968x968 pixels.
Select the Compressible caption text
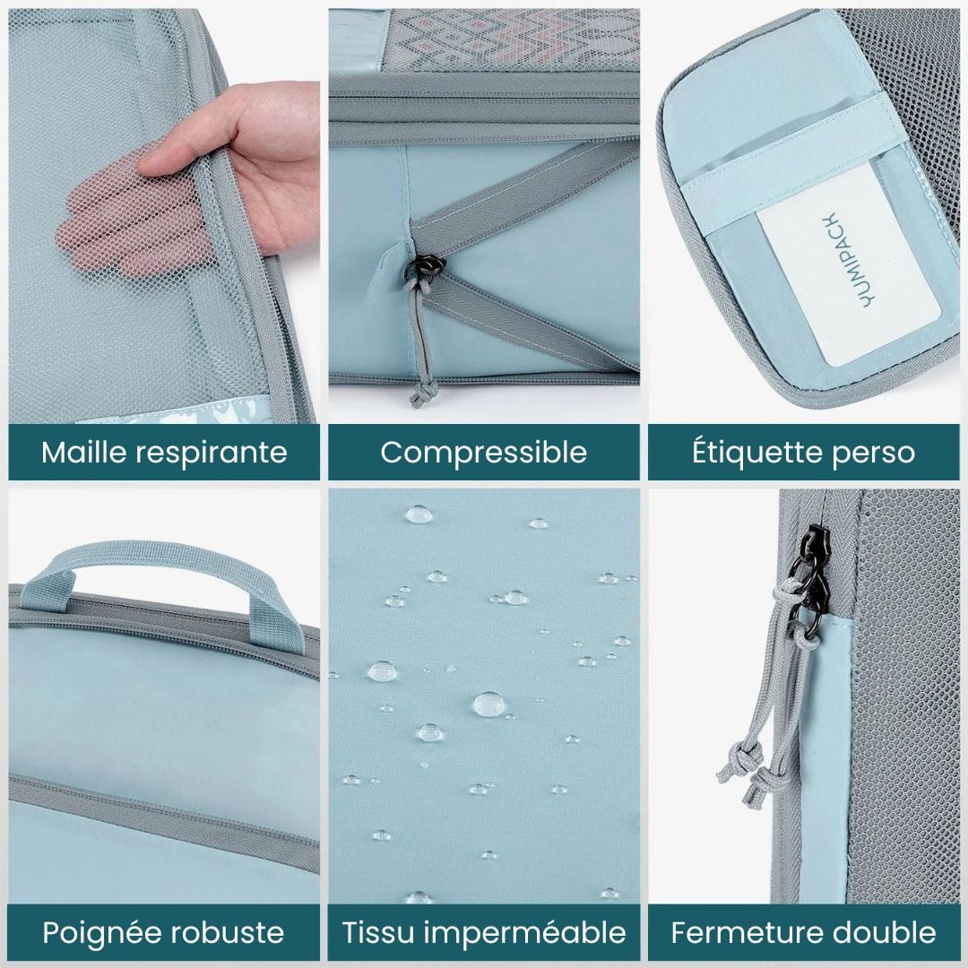point(483,452)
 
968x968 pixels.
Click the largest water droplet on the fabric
point(488,704)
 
